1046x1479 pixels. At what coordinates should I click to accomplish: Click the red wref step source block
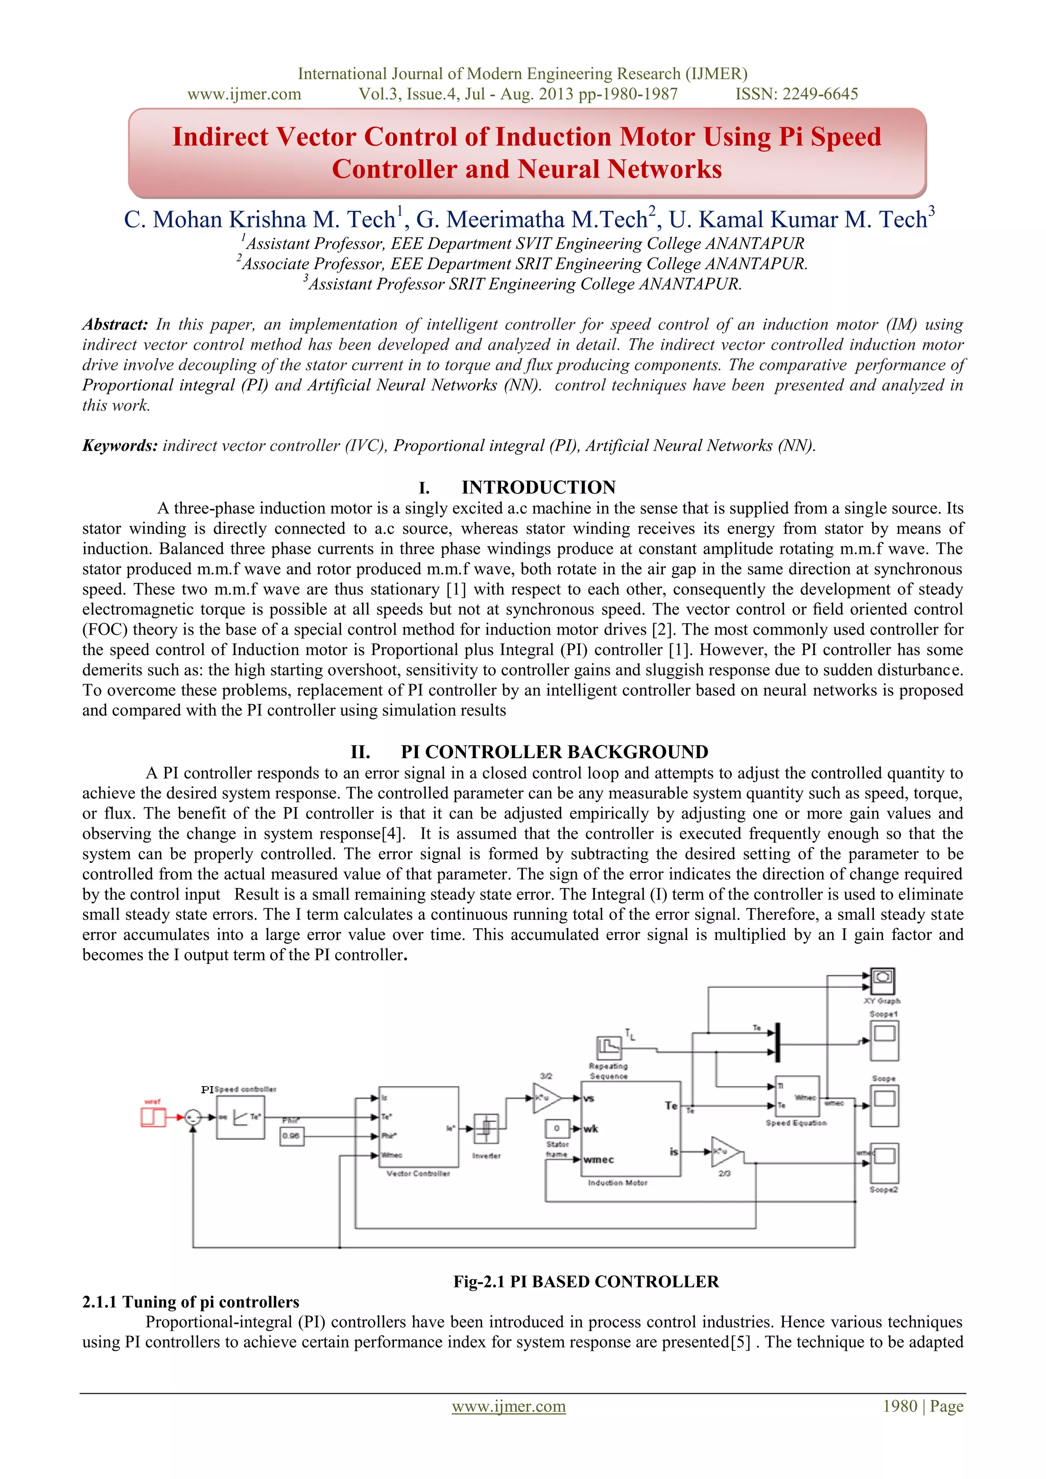click(x=153, y=1117)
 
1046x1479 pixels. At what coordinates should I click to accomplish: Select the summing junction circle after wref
click(x=192, y=1118)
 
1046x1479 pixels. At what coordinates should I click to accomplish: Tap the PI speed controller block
click(x=240, y=1118)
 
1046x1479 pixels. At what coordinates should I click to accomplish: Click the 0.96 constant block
click(x=292, y=1136)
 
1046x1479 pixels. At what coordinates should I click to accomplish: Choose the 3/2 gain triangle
click(x=546, y=1098)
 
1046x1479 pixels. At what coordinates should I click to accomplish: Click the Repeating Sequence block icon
click(x=609, y=1048)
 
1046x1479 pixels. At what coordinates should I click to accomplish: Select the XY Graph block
click(x=883, y=981)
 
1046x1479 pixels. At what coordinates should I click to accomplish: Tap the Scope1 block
click(x=884, y=1040)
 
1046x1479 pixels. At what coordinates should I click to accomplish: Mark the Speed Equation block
click(x=797, y=1096)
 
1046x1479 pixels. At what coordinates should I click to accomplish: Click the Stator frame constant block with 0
click(x=557, y=1129)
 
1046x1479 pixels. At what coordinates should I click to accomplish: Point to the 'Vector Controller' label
click(x=418, y=1173)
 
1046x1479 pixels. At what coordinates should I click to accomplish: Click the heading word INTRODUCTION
click(x=538, y=487)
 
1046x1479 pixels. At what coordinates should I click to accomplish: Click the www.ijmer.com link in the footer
click(x=508, y=1406)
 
